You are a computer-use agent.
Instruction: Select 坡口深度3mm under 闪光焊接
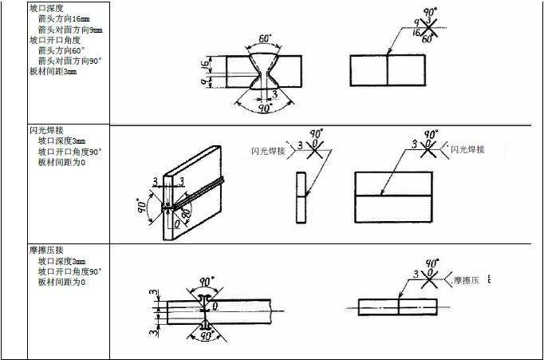pyautogui.click(x=61, y=140)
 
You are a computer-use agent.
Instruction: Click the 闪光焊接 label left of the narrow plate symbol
pyautogui.click(x=267, y=149)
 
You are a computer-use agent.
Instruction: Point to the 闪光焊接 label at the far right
pyautogui.click(x=467, y=149)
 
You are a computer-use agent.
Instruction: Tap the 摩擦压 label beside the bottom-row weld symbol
pyautogui.click(x=467, y=281)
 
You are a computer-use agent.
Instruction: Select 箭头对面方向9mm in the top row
pyautogui.click(x=69, y=30)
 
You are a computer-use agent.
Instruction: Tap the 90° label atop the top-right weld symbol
pyautogui.click(x=432, y=13)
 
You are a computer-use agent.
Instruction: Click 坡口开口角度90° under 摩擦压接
pyautogui.click(x=69, y=271)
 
